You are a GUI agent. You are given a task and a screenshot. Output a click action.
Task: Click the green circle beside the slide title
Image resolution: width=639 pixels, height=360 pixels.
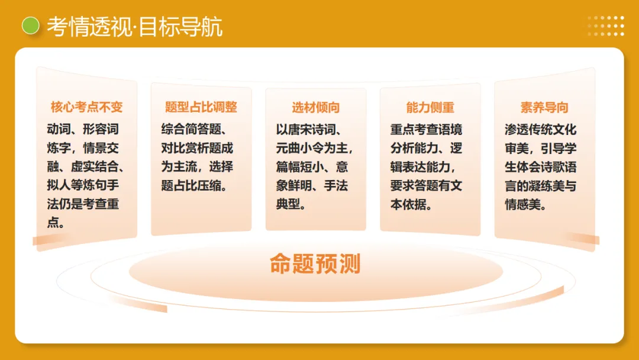point(30,26)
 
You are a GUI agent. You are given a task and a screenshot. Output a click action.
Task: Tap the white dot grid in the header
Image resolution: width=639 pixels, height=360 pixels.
point(606,26)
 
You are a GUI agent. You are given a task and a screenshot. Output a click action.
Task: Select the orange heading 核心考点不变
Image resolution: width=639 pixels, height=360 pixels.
point(86,107)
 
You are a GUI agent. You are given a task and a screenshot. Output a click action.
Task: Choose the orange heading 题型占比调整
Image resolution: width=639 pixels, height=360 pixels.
point(201,107)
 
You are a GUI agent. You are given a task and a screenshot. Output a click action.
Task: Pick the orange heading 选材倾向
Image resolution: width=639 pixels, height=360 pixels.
point(315,107)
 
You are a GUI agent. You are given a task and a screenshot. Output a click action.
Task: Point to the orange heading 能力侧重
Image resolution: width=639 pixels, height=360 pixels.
point(430,107)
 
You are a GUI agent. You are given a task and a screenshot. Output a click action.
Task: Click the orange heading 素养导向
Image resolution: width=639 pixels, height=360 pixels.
point(544,107)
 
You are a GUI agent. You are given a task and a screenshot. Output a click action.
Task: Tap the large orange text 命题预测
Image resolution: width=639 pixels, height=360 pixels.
point(315,264)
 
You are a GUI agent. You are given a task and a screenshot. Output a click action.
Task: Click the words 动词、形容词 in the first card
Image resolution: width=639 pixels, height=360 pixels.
point(83,129)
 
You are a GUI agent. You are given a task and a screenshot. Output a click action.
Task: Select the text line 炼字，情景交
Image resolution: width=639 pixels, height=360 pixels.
point(83,148)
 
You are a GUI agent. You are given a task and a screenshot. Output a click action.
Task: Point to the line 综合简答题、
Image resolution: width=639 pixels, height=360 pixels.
point(197,129)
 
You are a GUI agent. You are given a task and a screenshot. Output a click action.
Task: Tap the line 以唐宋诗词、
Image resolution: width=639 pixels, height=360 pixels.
point(312,129)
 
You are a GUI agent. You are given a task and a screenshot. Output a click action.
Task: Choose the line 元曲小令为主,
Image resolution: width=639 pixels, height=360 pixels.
point(314,148)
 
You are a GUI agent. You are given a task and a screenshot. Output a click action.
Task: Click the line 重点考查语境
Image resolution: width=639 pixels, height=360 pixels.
point(426,129)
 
